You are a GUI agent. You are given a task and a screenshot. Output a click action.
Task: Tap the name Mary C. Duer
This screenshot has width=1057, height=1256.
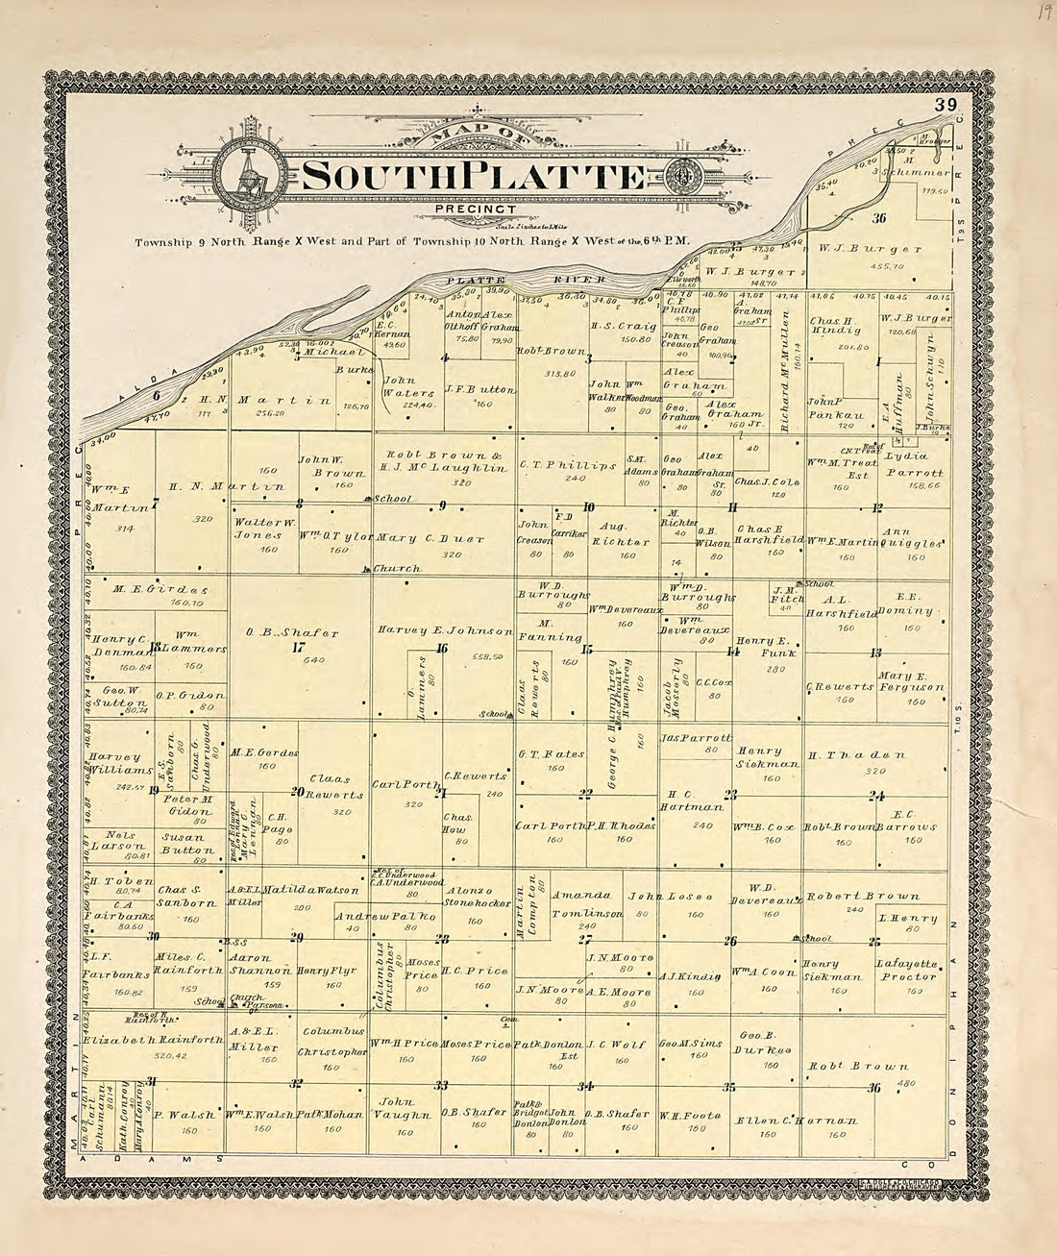tap(430, 538)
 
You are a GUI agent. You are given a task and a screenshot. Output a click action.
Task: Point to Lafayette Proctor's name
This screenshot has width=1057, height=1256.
tap(905, 970)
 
